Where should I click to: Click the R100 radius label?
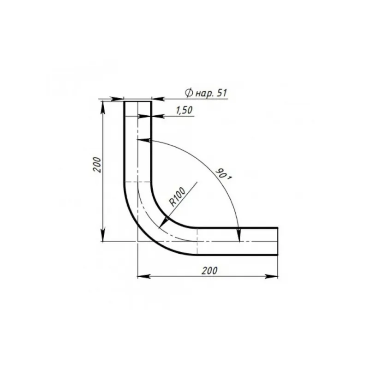point(178,197)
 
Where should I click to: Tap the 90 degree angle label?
point(224,174)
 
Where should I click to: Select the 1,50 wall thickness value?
point(184,110)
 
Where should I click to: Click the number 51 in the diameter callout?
point(222,93)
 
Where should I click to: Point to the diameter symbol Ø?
point(189,93)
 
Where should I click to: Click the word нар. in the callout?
point(204,94)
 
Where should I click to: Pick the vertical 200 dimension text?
point(97,165)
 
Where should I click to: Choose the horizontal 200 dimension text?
point(209,271)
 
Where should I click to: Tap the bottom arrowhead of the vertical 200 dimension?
point(103,236)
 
